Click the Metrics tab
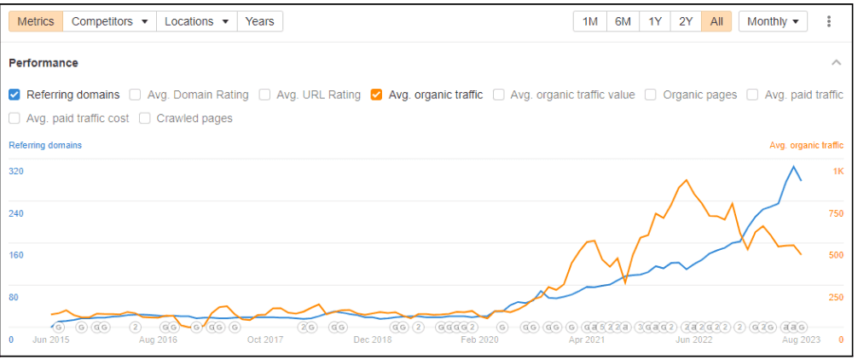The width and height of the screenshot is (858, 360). (x=36, y=21)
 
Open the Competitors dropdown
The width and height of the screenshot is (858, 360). (x=109, y=21)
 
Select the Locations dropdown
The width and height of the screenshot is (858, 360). (x=196, y=21)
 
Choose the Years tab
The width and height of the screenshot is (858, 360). (x=259, y=21)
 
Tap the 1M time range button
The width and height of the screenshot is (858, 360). (x=589, y=21)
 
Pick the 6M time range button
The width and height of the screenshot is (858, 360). (x=623, y=21)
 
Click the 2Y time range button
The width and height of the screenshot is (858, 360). (x=686, y=21)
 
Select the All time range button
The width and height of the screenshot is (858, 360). (x=716, y=21)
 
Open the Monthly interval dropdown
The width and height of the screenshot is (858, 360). (x=773, y=21)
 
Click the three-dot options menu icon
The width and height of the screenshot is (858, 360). (x=829, y=21)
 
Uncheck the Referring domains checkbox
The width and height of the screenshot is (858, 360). (x=14, y=95)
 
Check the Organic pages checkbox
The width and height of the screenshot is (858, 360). (x=652, y=95)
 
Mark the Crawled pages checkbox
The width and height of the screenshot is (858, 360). (x=145, y=119)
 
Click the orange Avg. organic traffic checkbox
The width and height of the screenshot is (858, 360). (x=376, y=95)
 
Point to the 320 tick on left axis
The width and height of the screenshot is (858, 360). (x=16, y=171)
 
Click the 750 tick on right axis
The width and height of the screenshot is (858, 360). (x=837, y=213)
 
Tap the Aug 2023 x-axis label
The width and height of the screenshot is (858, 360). (x=801, y=340)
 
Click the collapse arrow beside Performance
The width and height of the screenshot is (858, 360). (x=837, y=63)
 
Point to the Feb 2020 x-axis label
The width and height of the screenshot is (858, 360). (x=479, y=340)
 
